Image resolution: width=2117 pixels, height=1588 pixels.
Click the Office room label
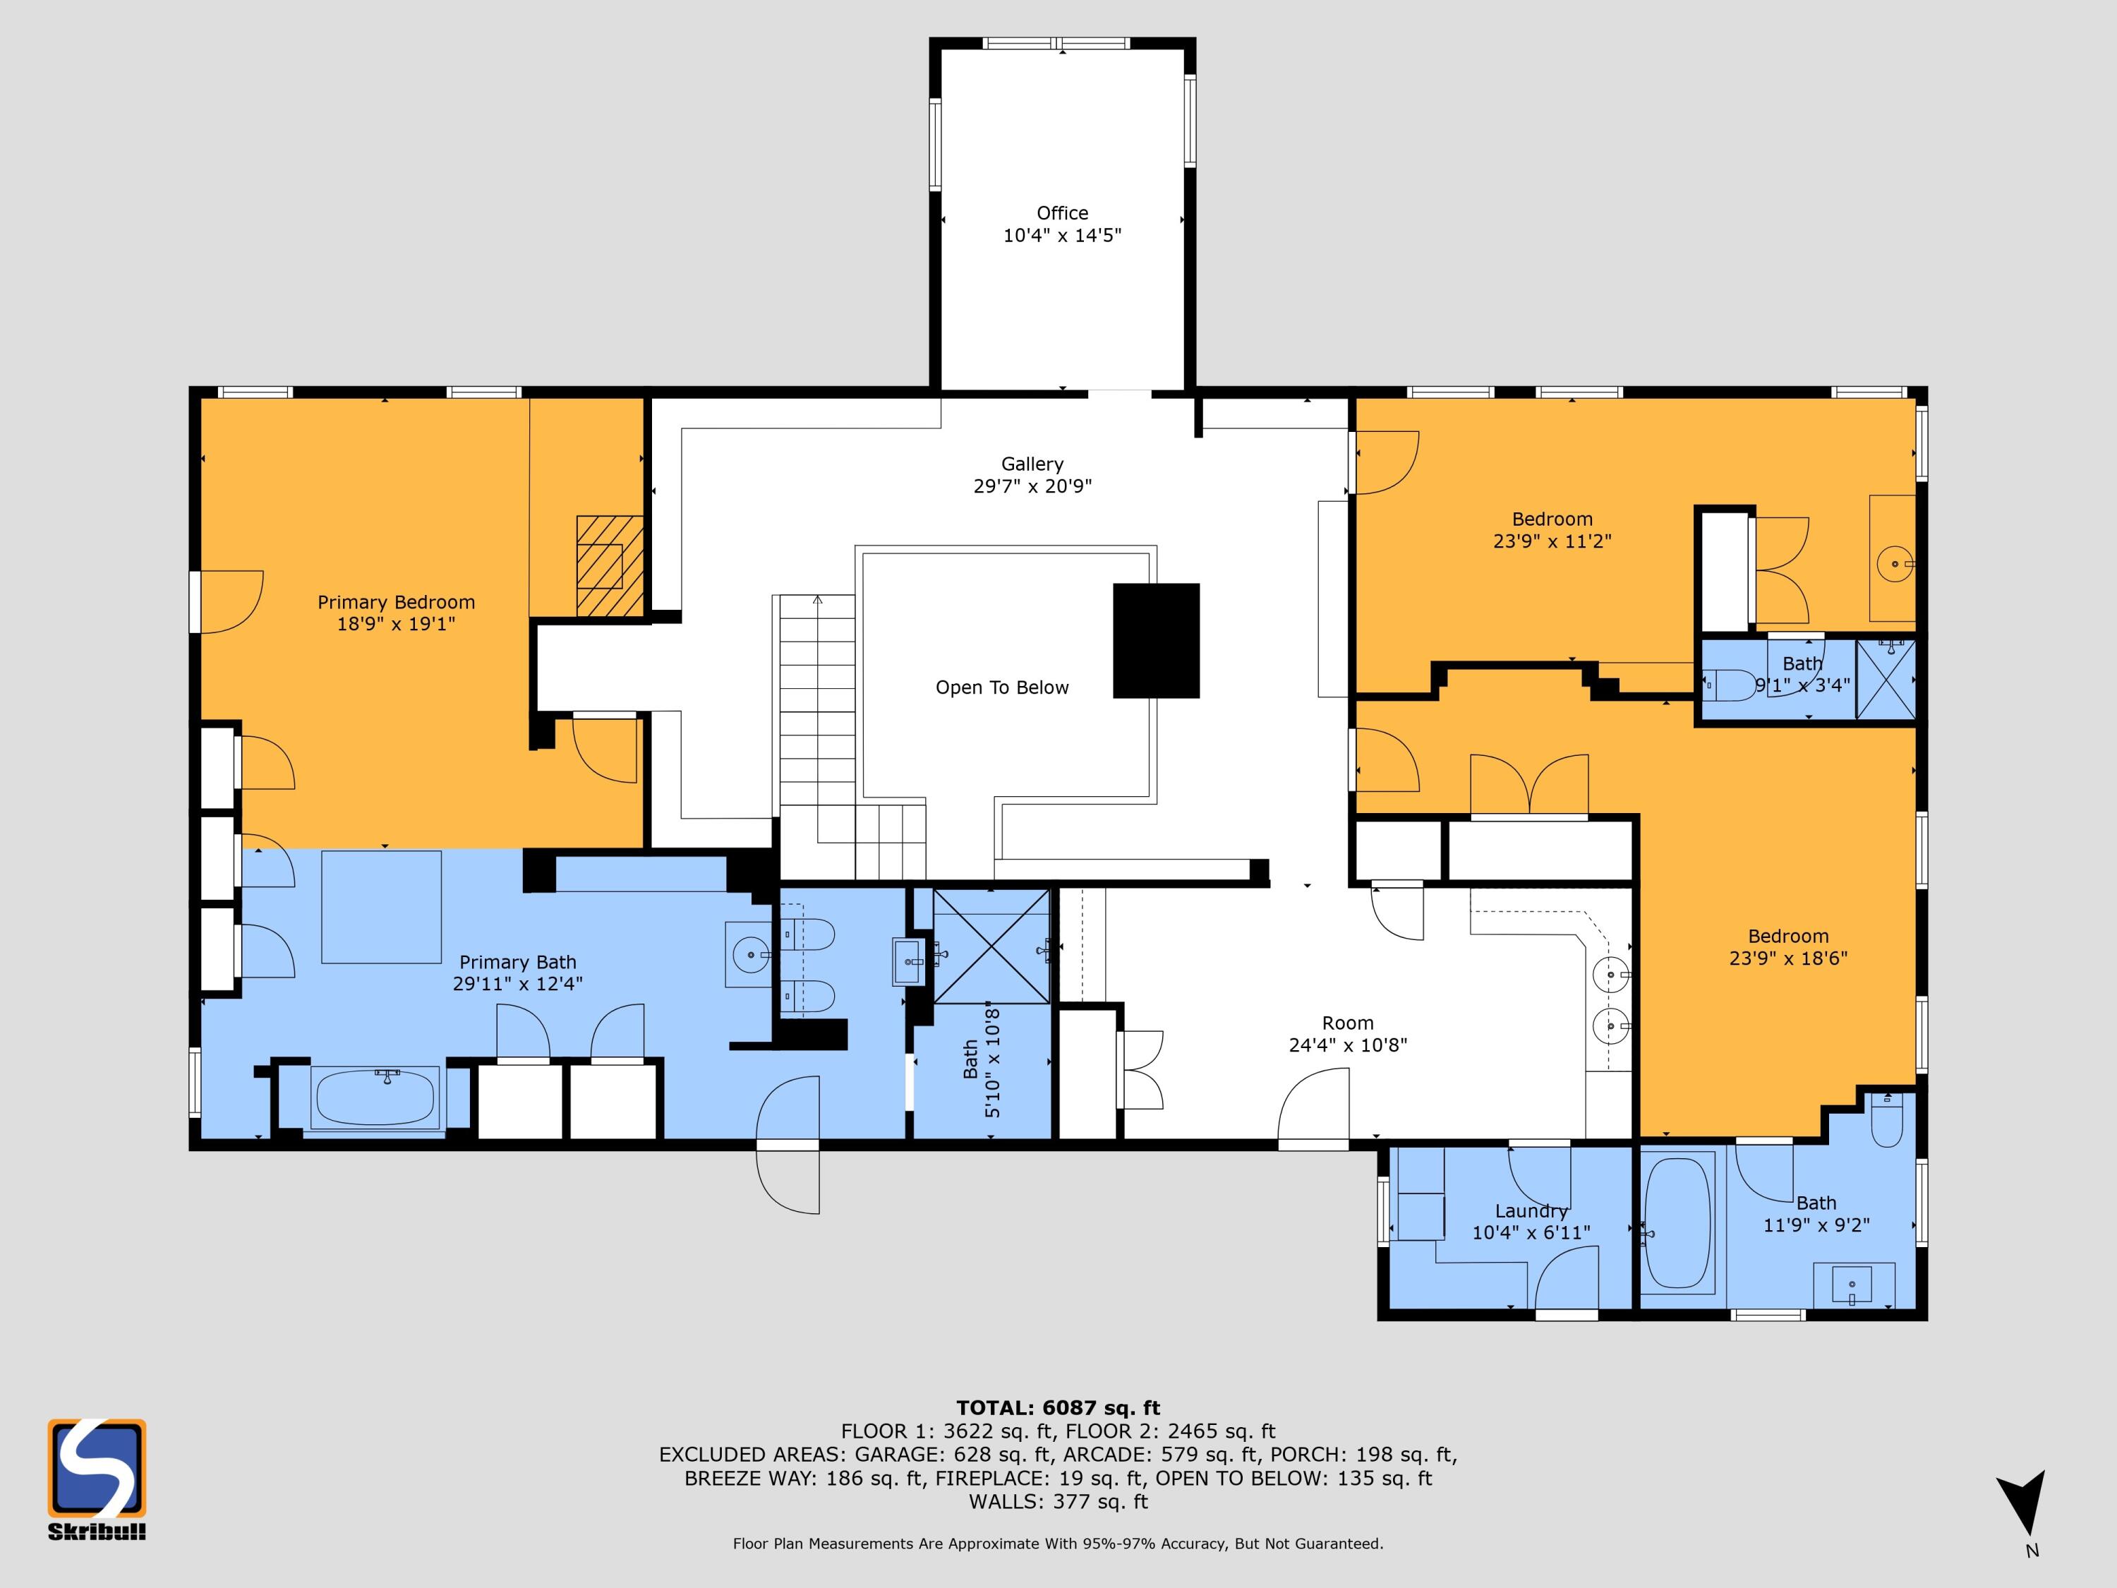[x=1062, y=213]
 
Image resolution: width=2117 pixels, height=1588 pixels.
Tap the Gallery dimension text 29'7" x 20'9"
[x=1032, y=486]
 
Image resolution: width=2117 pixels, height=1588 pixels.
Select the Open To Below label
[x=1002, y=687]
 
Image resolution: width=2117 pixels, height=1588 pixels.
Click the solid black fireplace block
[x=1156, y=640]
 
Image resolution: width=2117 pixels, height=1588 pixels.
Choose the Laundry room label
[x=1531, y=1212]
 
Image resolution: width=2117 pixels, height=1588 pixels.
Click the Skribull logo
[x=97, y=1479]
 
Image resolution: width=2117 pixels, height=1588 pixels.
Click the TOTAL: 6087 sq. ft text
[x=1058, y=1408]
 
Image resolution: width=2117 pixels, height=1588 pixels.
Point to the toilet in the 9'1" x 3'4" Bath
[x=1730, y=685]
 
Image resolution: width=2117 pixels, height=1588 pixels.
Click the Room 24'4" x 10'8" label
[x=1348, y=1034]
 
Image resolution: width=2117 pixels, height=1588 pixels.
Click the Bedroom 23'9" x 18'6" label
[x=1787, y=946]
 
